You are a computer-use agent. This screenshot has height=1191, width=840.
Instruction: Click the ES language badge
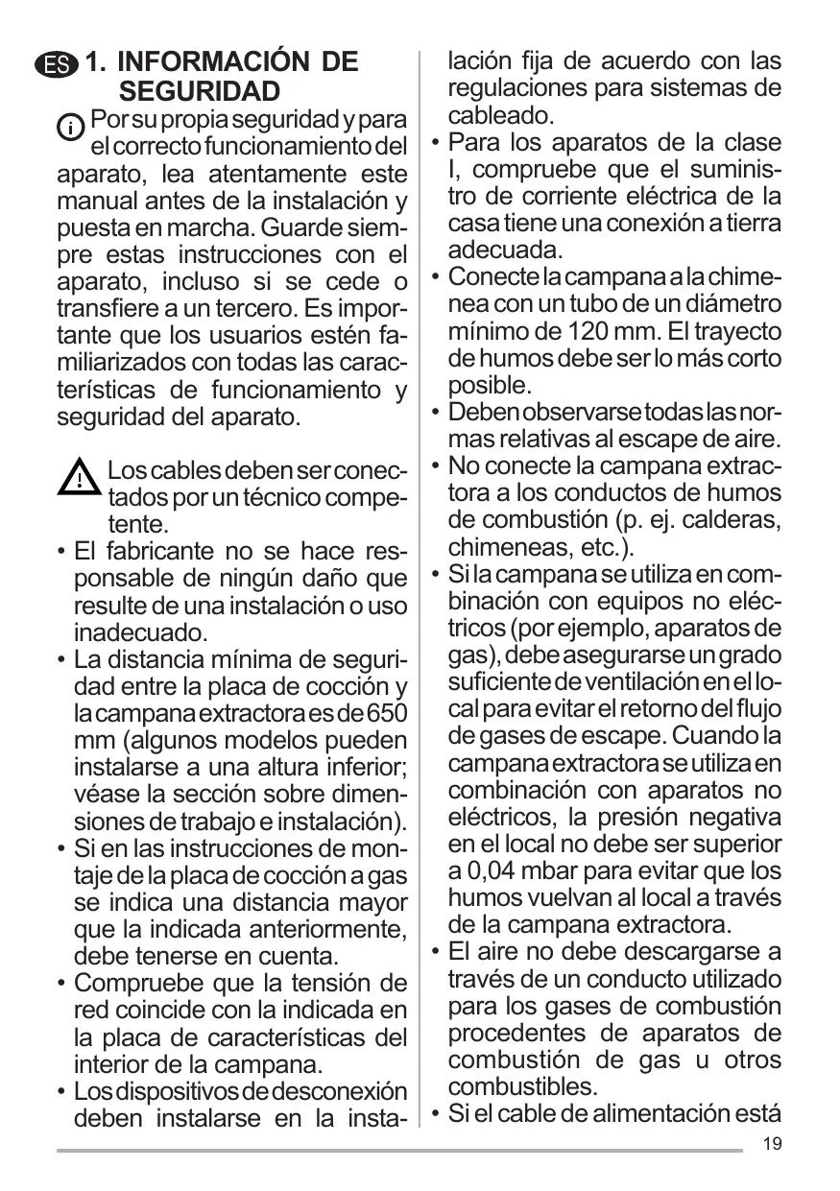click(57, 65)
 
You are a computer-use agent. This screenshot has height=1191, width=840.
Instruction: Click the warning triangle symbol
click(79, 479)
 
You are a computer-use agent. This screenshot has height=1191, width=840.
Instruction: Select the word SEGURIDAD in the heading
click(200, 92)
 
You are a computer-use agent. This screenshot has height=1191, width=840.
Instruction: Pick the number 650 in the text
click(387, 714)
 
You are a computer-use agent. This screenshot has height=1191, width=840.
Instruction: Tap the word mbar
click(560, 871)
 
